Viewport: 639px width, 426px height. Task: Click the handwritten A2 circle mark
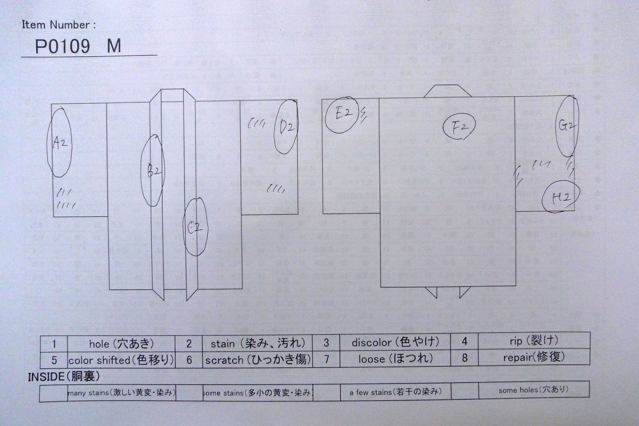click(x=59, y=142)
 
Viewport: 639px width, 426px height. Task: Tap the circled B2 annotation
click(x=153, y=170)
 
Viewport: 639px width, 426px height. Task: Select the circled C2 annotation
click(x=195, y=228)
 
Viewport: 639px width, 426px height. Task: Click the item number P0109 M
click(x=78, y=47)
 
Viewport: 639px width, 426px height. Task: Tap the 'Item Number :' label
click(x=59, y=25)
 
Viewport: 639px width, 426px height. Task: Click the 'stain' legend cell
click(x=257, y=343)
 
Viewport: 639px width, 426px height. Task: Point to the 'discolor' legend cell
click(x=395, y=342)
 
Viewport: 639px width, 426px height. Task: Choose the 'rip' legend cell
click(x=534, y=341)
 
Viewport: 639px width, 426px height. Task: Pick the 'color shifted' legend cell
click(x=121, y=360)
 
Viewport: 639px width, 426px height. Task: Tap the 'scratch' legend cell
click(x=257, y=360)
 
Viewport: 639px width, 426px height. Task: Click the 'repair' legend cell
click(x=534, y=357)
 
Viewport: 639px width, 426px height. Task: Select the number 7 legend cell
click(x=326, y=359)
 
